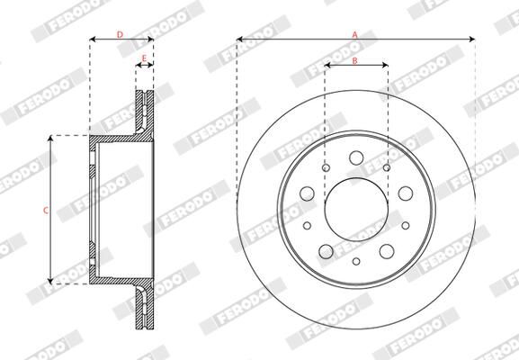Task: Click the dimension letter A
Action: point(355,33)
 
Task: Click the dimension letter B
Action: point(355,60)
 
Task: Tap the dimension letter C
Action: point(45,210)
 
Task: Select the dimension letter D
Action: point(121,34)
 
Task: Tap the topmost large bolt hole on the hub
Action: point(355,158)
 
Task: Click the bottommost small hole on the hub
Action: point(356,261)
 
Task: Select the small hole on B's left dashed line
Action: point(325,167)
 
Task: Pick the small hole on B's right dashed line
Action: point(387,167)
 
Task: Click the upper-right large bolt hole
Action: point(405,193)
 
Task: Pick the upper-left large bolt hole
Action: point(307,193)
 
